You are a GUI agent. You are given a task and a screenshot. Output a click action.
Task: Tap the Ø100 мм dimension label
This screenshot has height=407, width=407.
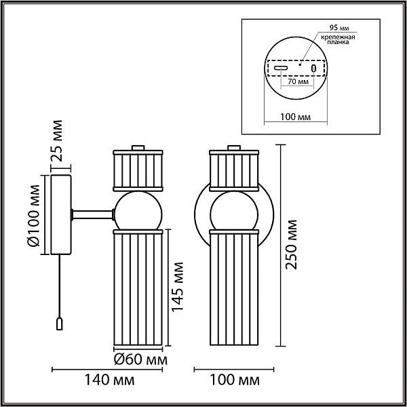click(33, 216)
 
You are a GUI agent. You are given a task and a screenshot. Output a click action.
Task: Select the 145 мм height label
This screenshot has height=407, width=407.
click(178, 286)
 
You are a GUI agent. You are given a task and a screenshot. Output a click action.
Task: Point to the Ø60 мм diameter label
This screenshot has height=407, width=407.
click(140, 360)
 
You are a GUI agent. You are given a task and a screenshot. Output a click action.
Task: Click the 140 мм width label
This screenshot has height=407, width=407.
click(110, 381)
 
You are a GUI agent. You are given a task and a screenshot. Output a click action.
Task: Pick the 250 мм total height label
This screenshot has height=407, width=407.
click(291, 244)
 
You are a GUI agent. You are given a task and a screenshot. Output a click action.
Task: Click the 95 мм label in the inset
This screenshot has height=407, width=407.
click(339, 28)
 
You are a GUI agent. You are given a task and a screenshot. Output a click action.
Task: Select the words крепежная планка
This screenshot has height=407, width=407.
click(338, 39)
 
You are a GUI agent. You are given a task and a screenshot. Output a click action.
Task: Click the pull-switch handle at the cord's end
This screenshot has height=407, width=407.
click(60, 324)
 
